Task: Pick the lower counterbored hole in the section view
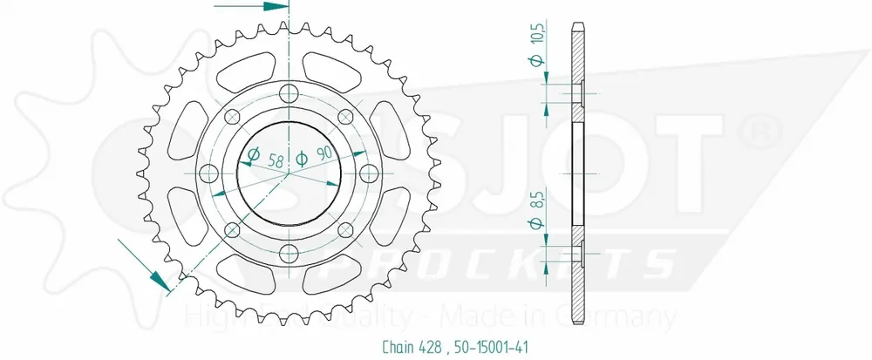coord(577,254)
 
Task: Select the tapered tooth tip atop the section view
coord(577,24)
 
